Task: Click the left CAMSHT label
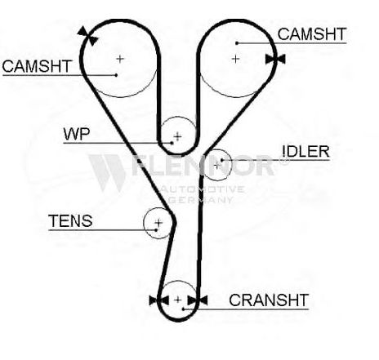[x=37, y=66]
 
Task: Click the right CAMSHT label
[x=312, y=34]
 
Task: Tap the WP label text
[x=77, y=134]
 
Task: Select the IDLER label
[x=306, y=151]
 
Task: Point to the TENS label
[x=70, y=221]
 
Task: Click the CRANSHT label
[x=269, y=300]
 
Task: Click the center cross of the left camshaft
[x=120, y=59]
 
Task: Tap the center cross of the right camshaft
[x=235, y=59]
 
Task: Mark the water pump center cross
[x=177, y=136]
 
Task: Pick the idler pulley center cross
[x=216, y=165]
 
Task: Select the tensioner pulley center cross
[x=158, y=223]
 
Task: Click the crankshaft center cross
[x=177, y=300]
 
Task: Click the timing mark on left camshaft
[x=87, y=36]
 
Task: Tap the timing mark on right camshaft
[x=275, y=59]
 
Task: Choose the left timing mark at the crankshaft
[x=159, y=300]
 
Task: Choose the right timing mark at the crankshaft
[x=198, y=300]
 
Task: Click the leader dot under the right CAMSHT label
[x=237, y=43]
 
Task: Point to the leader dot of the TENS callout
[x=156, y=230]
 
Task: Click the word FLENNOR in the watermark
[x=203, y=165]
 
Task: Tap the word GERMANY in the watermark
[x=200, y=200]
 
